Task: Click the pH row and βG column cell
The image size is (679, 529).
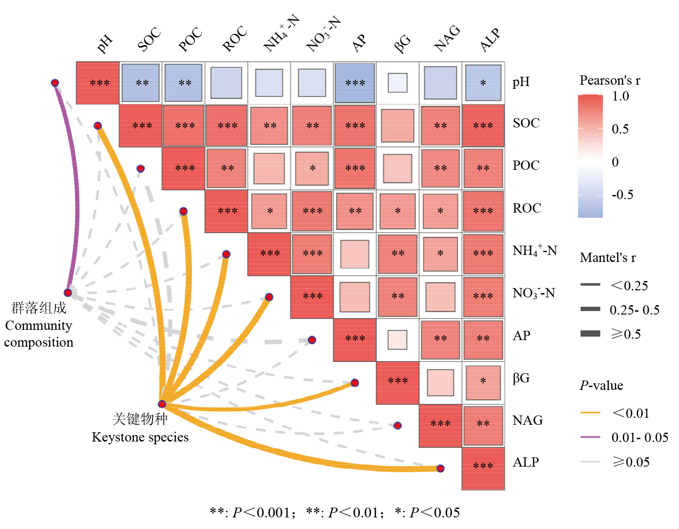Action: tap(398, 83)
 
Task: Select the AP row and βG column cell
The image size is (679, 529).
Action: tap(398, 340)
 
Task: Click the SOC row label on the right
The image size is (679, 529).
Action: tap(526, 123)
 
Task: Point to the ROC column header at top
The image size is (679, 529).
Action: tap(234, 39)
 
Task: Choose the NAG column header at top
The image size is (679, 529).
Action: tap(447, 38)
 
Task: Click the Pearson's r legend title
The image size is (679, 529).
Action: tap(610, 80)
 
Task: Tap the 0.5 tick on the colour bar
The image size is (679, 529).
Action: tap(620, 129)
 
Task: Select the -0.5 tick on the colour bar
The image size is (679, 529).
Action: tap(622, 194)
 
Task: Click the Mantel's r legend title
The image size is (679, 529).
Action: tap(608, 258)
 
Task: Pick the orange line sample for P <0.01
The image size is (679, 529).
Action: tap(590, 413)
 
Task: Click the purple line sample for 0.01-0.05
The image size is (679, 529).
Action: tap(590, 437)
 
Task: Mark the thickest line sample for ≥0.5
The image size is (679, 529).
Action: tap(590, 333)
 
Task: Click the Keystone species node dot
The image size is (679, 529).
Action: tap(162, 404)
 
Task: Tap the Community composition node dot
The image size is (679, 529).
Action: tap(68, 293)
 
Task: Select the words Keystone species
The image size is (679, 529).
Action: tap(140, 437)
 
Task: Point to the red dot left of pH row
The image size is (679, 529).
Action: tap(55, 83)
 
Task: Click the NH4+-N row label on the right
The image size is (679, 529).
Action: tap(534, 251)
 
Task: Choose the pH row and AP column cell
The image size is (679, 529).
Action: tap(355, 83)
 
